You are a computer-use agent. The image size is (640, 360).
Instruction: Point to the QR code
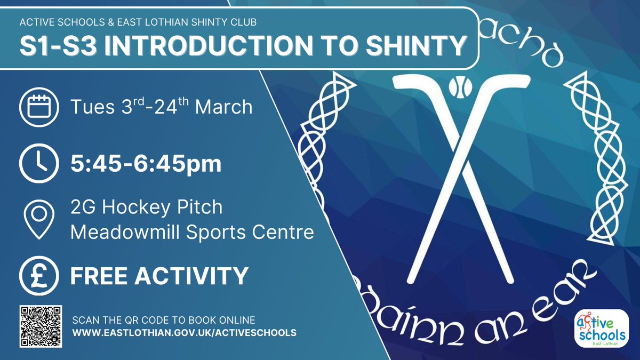coord(41,326)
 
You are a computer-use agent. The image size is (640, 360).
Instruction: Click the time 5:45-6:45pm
coord(146,164)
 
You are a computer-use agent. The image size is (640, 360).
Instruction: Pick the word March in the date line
coord(223,107)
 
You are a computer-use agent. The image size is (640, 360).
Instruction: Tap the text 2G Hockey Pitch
coord(147,207)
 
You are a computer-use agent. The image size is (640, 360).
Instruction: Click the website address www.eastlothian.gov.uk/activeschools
coord(184,333)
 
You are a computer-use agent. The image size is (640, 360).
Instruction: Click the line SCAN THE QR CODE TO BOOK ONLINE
coord(164,320)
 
